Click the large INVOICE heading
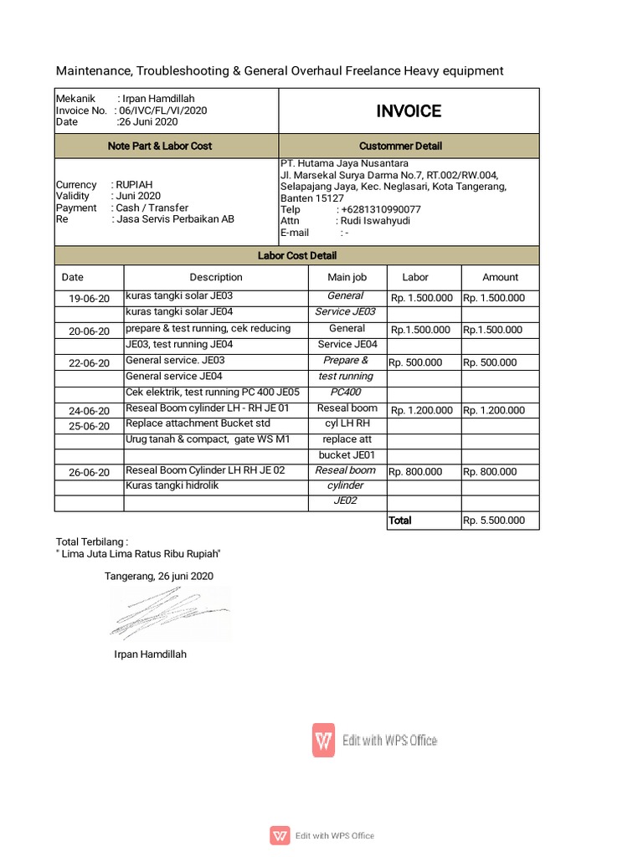[409, 111]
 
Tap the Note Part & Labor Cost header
[160, 146]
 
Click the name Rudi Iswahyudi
[373, 221]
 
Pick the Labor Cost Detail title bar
[297, 255]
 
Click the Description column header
[216, 277]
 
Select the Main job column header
[347, 277]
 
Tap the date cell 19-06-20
[89, 298]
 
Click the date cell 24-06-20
[89, 411]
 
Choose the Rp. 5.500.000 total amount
[494, 521]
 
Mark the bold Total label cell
[400, 521]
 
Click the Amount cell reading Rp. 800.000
[490, 472]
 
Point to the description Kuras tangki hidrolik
[172, 485]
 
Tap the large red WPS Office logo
[324, 740]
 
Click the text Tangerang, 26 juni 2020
[159, 576]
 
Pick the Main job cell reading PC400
[346, 392]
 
